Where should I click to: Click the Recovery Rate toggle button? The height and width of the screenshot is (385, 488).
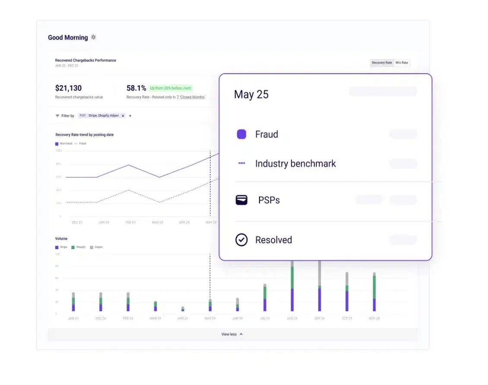[x=382, y=63]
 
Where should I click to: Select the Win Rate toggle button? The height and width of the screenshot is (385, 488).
[x=402, y=63]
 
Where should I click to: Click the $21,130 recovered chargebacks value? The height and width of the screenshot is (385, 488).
[x=68, y=88]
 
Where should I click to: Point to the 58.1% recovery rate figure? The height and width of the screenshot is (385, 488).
[x=136, y=88]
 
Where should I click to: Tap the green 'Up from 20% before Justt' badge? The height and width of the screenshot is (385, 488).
[x=171, y=88]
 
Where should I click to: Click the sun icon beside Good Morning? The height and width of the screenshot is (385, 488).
[x=93, y=37]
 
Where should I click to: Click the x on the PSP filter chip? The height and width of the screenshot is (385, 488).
[x=123, y=116]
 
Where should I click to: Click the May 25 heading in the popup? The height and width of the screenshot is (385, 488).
[x=251, y=94]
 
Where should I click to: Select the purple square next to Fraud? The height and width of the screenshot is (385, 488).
[x=241, y=134]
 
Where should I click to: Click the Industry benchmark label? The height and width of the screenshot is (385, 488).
[x=295, y=164]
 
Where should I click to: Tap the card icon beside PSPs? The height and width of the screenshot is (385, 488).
[x=241, y=200]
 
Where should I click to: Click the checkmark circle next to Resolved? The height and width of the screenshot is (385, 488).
[x=241, y=240]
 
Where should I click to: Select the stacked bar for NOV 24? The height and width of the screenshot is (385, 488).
[x=374, y=292]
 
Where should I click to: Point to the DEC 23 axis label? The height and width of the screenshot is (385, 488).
[x=77, y=222]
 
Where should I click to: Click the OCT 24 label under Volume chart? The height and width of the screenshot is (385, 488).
[x=347, y=318]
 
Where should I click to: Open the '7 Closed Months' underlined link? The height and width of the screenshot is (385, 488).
[x=191, y=97]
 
